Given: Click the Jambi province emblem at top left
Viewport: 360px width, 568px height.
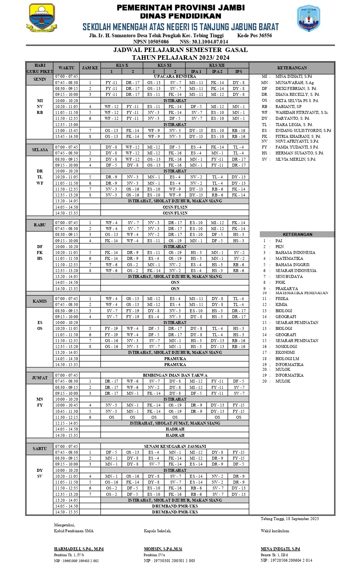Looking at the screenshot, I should (x=41, y=18).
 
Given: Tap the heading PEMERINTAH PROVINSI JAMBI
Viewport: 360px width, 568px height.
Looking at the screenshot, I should (x=181, y=8).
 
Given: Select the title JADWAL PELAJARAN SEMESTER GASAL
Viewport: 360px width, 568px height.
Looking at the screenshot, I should (x=181, y=50).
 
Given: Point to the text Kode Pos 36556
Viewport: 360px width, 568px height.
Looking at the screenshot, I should (x=254, y=35).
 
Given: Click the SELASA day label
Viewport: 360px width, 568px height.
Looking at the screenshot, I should (x=40, y=150).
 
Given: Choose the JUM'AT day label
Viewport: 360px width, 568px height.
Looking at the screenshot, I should (x=40, y=378).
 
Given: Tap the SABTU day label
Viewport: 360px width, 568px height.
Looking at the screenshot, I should (x=40, y=449).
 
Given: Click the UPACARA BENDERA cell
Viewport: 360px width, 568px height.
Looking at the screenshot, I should (x=175, y=76).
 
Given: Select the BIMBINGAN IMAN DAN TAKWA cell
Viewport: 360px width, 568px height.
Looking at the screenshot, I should (x=175, y=375).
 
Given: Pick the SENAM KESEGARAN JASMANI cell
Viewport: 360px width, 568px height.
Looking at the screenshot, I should (x=175, y=446).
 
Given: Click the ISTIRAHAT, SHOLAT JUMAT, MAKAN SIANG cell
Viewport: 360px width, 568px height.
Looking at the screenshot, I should (x=175, y=423).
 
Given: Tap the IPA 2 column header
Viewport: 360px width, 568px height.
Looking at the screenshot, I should (x=217, y=71).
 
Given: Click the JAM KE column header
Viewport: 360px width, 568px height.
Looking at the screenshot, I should (x=90, y=68).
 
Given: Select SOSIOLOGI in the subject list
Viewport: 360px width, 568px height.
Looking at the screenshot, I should (x=286, y=346).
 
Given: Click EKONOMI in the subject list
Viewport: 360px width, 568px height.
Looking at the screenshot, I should (x=285, y=352).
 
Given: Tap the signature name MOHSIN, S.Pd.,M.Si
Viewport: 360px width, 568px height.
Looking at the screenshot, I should (x=163, y=549).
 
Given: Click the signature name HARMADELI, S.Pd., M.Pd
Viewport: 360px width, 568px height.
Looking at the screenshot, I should (x=79, y=549).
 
